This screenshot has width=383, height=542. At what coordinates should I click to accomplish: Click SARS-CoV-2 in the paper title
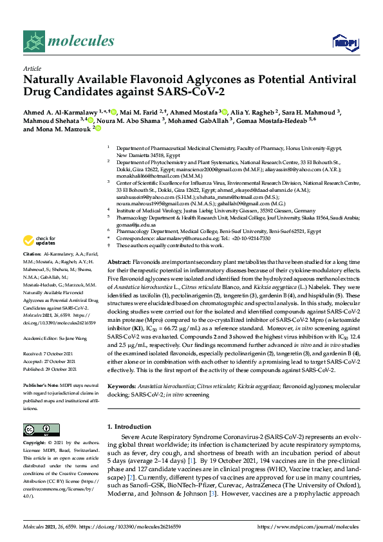point(191,93)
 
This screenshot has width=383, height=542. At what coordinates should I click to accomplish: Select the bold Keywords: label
point(122,386)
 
